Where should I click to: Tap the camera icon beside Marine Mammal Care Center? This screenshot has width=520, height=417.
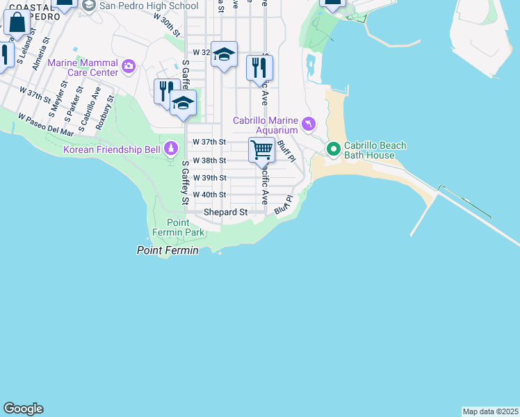[x=128, y=67]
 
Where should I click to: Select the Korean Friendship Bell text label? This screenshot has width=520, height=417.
[x=111, y=149]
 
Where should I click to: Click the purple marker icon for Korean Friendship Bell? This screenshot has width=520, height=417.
[x=171, y=149]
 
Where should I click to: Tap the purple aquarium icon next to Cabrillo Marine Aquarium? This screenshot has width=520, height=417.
[x=309, y=125]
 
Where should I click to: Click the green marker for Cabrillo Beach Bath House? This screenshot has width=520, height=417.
[x=333, y=149]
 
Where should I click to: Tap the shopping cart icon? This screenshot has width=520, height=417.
[x=261, y=149]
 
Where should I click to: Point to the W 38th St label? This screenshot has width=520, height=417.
[x=209, y=161]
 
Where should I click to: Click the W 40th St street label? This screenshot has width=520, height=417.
[x=209, y=195]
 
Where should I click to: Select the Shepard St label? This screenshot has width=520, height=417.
[x=225, y=212]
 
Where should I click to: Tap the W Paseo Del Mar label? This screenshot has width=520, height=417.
[x=46, y=124]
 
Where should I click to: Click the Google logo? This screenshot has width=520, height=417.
[x=23, y=409]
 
